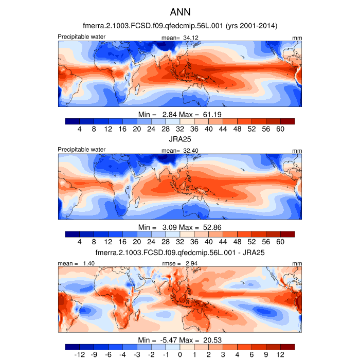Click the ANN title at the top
tap(180, 11)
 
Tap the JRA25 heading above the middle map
tap(180, 139)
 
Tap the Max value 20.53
tap(212, 340)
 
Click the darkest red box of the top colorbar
tap(287, 121)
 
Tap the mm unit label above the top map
tap(297, 38)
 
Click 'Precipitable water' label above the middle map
tap(82, 150)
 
